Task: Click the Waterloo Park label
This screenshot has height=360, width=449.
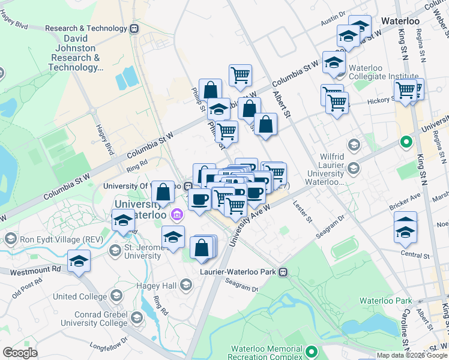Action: point(386,300)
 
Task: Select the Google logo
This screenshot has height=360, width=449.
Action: point(20,353)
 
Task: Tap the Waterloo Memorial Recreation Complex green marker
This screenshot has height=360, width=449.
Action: point(311,352)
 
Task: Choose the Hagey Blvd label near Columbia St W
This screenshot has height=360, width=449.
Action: point(105,139)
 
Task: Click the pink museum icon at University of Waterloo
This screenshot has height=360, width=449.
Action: point(176,214)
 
